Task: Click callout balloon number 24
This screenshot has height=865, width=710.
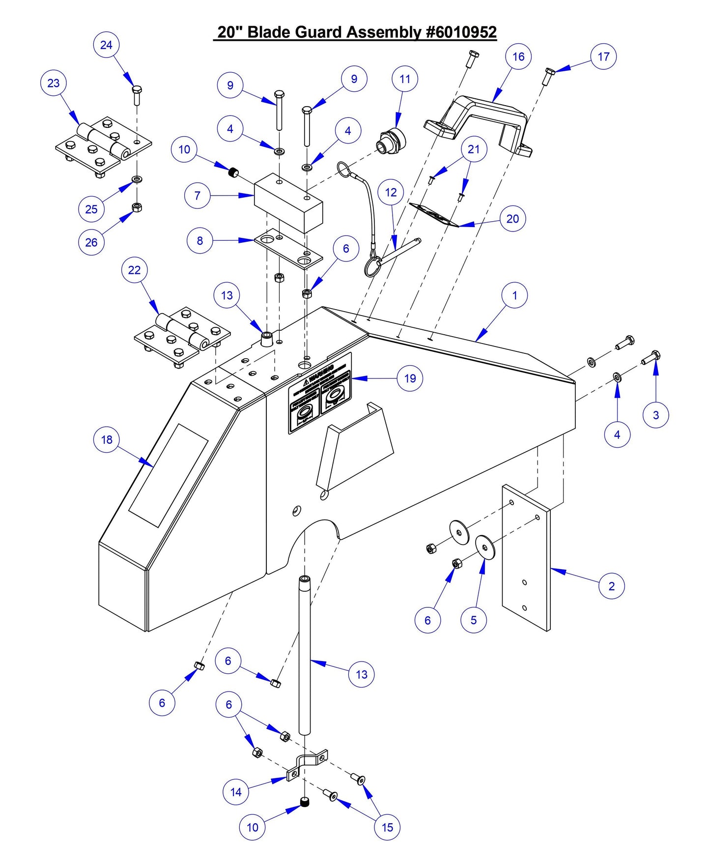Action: [106, 45]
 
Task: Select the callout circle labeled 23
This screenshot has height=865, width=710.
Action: [53, 83]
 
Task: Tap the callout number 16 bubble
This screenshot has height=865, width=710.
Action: [518, 57]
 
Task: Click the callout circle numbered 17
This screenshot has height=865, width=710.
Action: [603, 57]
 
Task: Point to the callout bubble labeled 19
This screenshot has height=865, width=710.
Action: [410, 378]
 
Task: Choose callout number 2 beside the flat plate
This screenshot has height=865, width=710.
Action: [611, 586]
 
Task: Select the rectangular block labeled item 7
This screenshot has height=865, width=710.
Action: [287, 202]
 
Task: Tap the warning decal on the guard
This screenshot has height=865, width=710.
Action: [320, 394]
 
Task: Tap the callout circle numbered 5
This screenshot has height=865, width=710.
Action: [473, 620]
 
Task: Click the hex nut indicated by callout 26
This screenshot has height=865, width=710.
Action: [138, 207]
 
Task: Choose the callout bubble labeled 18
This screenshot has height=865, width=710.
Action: [107, 440]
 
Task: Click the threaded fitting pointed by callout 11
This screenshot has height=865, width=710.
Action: [392, 141]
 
